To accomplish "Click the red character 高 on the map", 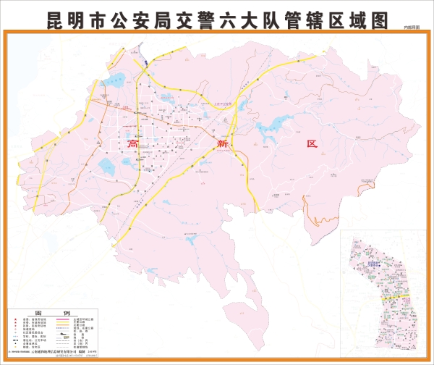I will (x=132, y=144).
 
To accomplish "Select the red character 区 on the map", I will (x=312, y=144).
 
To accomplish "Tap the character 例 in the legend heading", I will (x=67, y=314).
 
